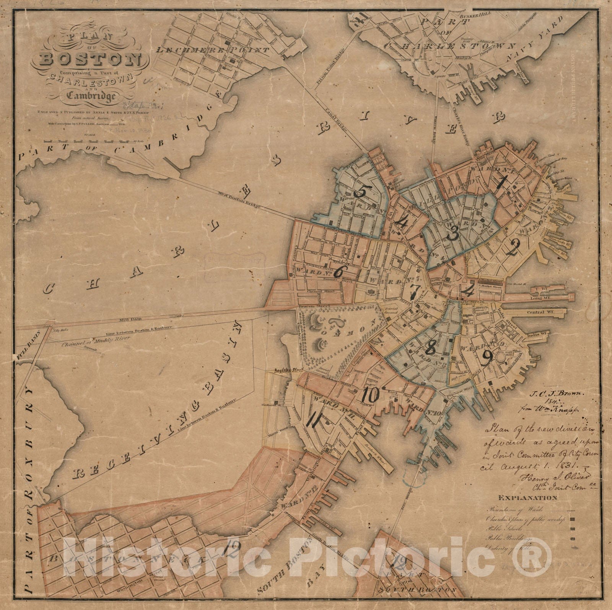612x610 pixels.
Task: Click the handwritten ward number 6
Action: (338, 272)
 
